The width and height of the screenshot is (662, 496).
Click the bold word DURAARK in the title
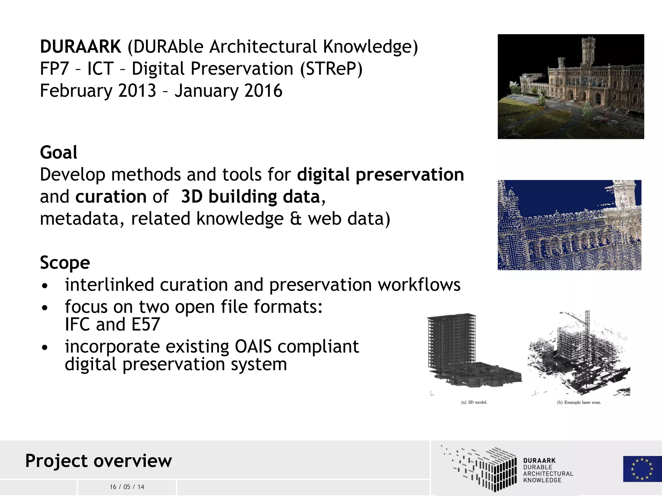(x=80, y=46)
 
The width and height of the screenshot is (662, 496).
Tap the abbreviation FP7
(x=54, y=69)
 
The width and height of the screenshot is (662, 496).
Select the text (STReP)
(x=331, y=69)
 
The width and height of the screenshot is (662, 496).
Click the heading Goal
(x=59, y=152)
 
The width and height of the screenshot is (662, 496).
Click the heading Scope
(x=65, y=263)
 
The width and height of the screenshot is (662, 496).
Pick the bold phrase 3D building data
(x=251, y=197)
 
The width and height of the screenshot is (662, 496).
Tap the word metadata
(x=82, y=219)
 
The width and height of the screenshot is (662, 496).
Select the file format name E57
(x=146, y=324)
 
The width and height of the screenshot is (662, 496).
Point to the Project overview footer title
(x=99, y=460)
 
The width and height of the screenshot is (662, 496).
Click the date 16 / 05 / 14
(x=127, y=487)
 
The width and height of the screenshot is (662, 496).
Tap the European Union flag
(x=642, y=469)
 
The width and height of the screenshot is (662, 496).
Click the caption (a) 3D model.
(x=474, y=402)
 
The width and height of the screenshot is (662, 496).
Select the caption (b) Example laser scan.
(x=579, y=402)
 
